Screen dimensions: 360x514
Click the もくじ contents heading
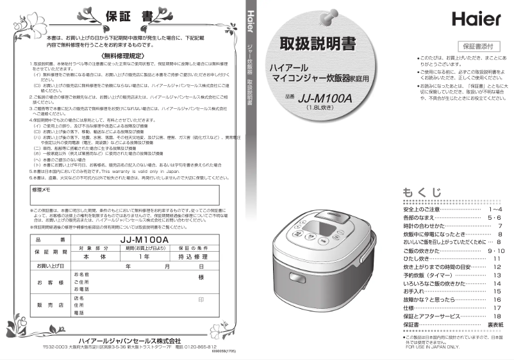(x=422, y=192)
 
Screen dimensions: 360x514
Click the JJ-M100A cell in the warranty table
(x=144, y=240)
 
